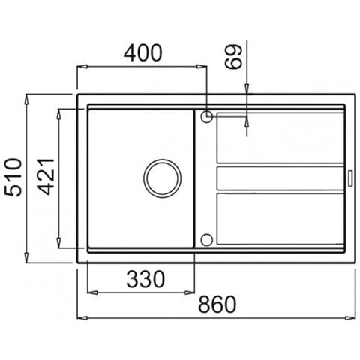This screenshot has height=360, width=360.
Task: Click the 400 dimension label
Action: (143, 53)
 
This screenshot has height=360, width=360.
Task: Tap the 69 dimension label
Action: (234, 57)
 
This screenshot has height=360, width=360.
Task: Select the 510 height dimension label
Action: (13, 177)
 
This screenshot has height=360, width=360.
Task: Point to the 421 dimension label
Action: (46, 176)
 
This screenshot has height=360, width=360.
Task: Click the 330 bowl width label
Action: (145, 279)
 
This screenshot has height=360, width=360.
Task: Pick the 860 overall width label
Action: (217, 304)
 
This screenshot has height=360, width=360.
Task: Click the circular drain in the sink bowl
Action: (163, 178)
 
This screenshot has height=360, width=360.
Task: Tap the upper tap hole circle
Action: (207, 116)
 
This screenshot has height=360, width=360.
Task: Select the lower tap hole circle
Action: (207, 240)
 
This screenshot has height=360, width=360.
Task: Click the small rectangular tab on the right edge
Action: (350, 178)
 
